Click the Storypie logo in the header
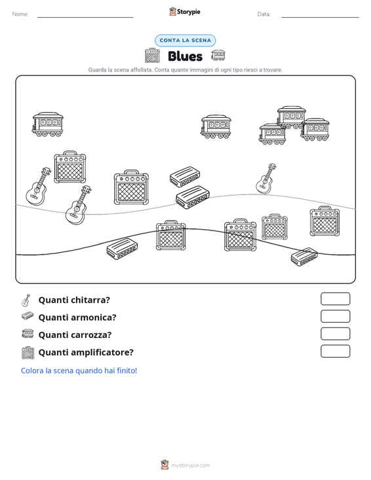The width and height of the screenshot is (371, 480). pyautogui.click(x=185, y=12)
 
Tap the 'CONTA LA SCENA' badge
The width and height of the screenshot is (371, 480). pyautogui.click(x=185, y=41)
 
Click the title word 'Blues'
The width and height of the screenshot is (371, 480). pyautogui.click(x=185, y=56)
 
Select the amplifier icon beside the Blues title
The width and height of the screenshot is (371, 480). pyautogui.click(x=152, y=56)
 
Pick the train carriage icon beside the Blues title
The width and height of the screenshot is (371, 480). pyautogui.click(x=218, y=55)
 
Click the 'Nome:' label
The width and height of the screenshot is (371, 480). pyautogui.click(x=20, y=14)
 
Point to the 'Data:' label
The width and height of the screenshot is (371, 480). pyautogui.click(x=264, y=14)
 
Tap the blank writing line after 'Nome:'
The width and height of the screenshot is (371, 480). pyautogui.click(x=85, y=17)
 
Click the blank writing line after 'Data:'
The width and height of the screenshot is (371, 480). pyautogui.click(x=320, y=17)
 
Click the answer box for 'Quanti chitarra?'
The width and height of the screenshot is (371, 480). pyautogui.click(x=336, y=299)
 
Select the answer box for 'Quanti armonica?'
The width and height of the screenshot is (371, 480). pyautogui.click(x=336, y=316)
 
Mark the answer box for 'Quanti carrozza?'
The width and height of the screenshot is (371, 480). pyautogui.click(x=336, y=334)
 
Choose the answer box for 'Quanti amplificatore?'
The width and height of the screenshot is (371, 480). pyautogui.click(x=336, y=351)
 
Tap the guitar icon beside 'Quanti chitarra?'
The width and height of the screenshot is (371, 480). pyautogui.click(x=26, y=301)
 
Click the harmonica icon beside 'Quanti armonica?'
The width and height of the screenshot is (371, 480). pyautogui.click(x=28, y=316)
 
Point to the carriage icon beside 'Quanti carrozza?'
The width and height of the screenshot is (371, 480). pyautogui.click(x=28, y=333)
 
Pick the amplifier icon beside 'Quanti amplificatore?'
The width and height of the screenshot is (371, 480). pyautogui.click(x=28, y=353)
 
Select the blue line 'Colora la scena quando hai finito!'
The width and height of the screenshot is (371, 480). pyautogui.click(x=79, y=371)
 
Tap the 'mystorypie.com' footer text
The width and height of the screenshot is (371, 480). pyautogui.click(x=191, y=466)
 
